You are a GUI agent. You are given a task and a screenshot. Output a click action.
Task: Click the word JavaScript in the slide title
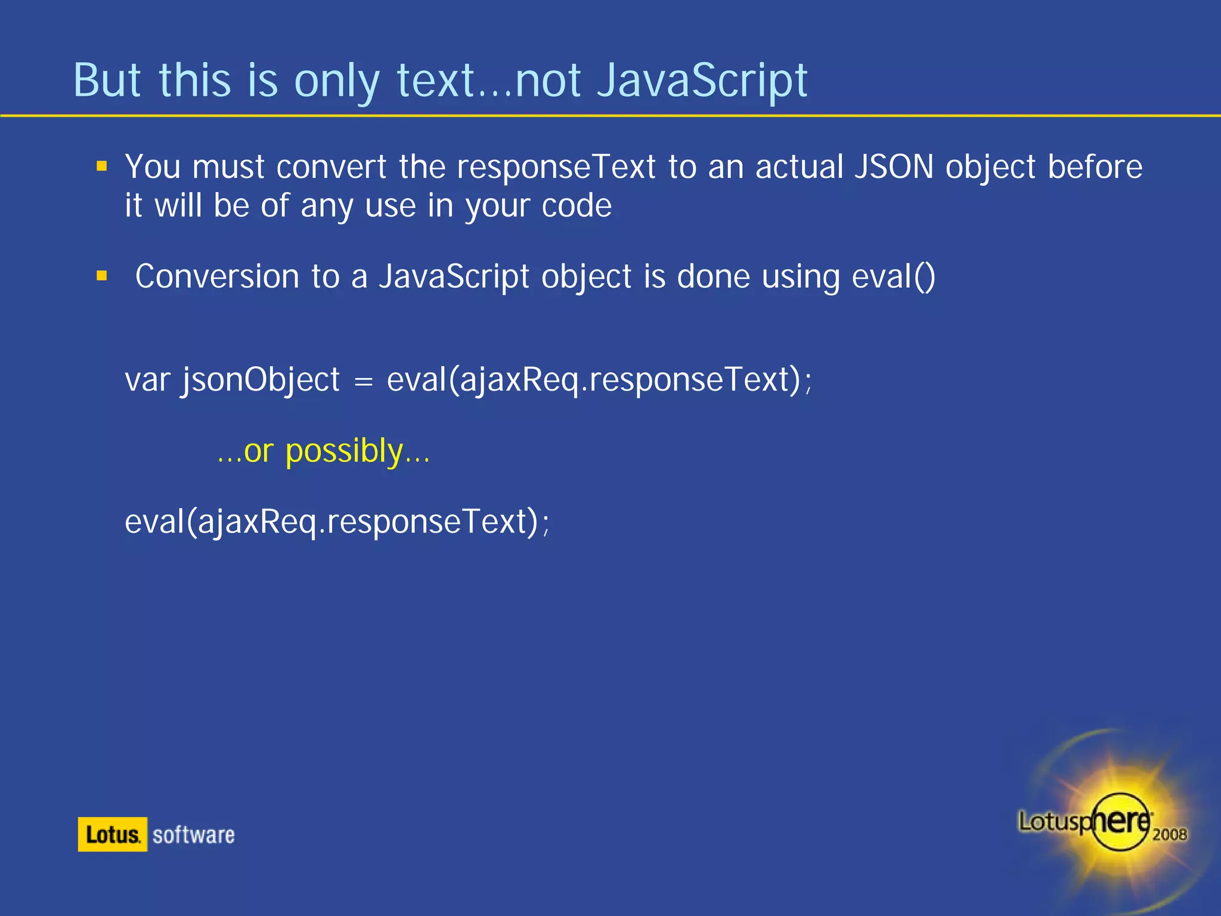pyautogui.click(x=702, y=81)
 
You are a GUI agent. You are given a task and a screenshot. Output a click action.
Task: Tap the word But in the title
pyautogui.click(x=107, y=81)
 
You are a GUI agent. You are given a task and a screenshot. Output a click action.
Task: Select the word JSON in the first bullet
pyautogui.click(x=894, y=166)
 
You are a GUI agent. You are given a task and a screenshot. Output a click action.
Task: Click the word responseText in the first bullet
pyautogui.click(x=556, y=168)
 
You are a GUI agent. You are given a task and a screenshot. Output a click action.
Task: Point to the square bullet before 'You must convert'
pyautogui.click(x=102, y=166)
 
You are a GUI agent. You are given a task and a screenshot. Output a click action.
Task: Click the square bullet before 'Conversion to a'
pyautogui.click(x=102, y=276)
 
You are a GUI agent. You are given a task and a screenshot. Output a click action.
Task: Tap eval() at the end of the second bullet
pyautogui.click(x=894, y=277)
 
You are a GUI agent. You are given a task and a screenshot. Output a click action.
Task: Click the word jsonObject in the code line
pyautogui.click(x=261, y=380)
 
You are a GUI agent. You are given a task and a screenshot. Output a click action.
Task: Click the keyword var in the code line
pyautogui.click(x=147, y=380)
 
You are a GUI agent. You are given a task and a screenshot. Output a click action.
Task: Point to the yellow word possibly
pyautogui.click(x=344, y=451)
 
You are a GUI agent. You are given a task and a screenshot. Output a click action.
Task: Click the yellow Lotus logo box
pyautogui.click(x=112, y=834)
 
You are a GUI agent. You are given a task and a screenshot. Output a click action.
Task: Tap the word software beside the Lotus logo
pyautogui.click(x=194, y=835)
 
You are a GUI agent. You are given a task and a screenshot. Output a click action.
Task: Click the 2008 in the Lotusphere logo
pyautogui.click(x=1169, y=834)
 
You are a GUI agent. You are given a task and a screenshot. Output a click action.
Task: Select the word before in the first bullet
pyautogui.click(x=1095, y=166)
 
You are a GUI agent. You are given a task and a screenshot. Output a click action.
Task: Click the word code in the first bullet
pyautogui.click(x=577, y=206)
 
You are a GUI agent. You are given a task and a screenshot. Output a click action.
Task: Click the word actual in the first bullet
pyautogui.click(x=799, y=166)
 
